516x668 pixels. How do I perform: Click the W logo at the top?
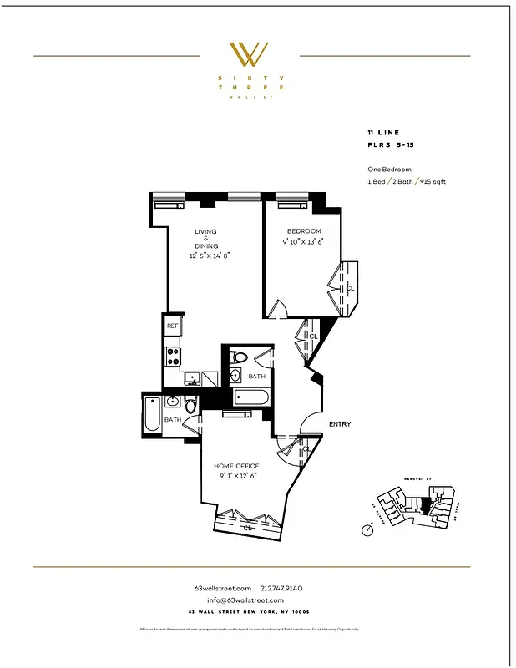point(249,54)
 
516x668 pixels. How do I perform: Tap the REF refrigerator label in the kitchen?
point(172,326)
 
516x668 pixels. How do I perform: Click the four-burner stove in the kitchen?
point(174,357)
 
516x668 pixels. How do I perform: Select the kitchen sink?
point(191,379)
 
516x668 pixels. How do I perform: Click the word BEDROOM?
point(304,231)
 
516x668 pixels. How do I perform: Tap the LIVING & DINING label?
point(206,239)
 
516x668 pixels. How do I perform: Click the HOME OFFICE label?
point(236,466)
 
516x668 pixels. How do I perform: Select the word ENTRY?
point(340,424)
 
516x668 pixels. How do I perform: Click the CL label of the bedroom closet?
point(350,288)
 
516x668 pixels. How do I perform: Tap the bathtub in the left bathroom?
point(152,415)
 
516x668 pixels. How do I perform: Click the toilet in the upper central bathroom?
point(237,358)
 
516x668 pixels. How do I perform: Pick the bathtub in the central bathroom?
point(250,398)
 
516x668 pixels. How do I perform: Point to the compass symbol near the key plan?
point(367,529)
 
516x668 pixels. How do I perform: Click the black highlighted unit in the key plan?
point(425,505)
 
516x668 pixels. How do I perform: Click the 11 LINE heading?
point(382,134)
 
